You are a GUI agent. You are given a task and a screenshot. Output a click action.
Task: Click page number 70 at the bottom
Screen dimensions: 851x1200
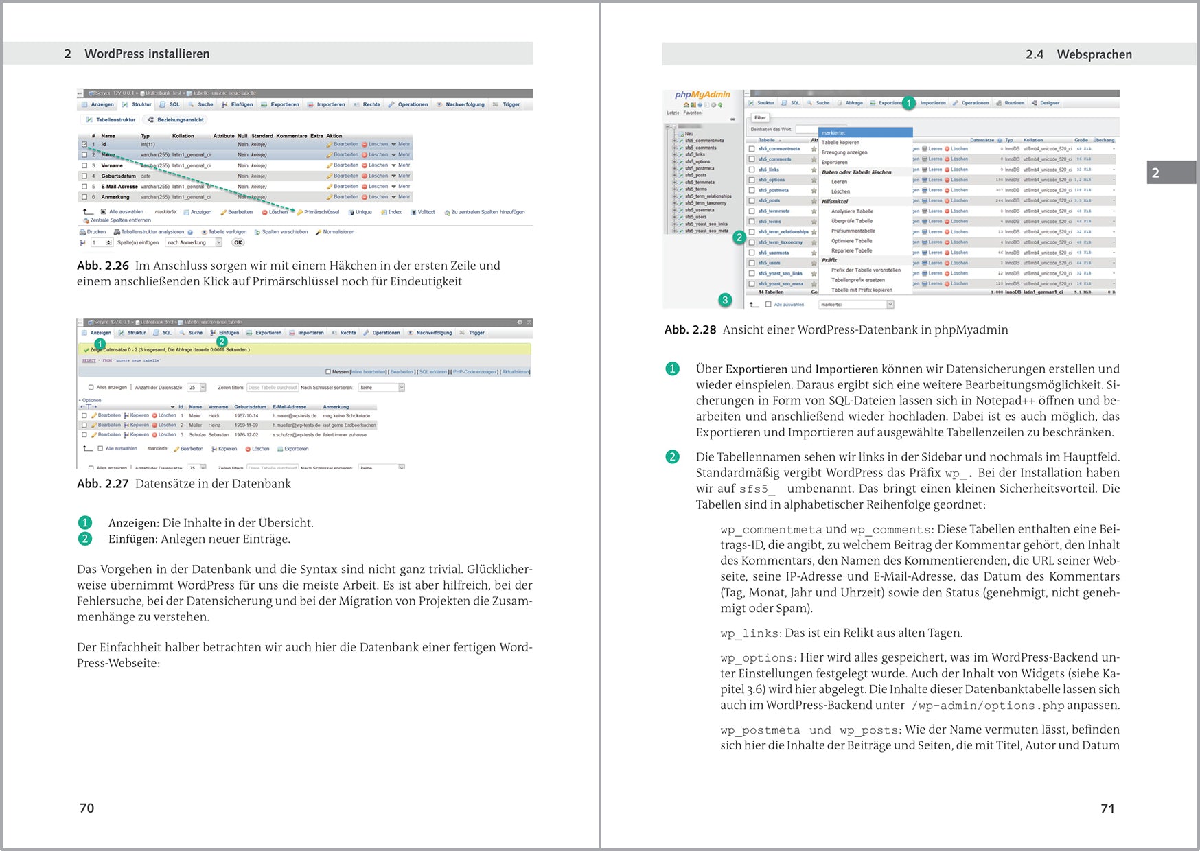point(86,808)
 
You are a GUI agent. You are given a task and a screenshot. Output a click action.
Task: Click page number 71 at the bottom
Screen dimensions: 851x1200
point(1107,808)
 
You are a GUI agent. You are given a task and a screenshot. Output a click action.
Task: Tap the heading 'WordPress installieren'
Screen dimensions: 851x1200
point(147,54)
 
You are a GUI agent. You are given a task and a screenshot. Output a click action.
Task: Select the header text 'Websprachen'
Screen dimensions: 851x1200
point(1094,54)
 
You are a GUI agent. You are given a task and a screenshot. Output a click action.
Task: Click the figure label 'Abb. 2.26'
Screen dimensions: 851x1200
point(103,266)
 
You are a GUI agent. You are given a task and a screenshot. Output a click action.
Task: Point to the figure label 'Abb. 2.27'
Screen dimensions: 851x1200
point(103,483)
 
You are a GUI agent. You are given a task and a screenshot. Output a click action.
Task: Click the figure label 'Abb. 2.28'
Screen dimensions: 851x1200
point(690,329)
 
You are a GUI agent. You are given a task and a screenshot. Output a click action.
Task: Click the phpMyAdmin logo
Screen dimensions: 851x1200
point(702,95)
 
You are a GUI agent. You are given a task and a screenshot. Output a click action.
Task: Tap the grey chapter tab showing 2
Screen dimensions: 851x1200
point(1170,172)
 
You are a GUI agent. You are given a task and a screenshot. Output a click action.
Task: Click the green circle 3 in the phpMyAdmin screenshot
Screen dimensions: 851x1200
point(725,300)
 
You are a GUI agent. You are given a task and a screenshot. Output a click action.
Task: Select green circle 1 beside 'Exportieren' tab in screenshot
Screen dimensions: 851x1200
point(908,103)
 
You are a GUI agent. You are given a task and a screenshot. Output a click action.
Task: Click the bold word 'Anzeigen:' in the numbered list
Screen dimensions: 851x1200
point(134,523)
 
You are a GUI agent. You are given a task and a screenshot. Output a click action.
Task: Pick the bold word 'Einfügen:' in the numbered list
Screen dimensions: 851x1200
point(133,539)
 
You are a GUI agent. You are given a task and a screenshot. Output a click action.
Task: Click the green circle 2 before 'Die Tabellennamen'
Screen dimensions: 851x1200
point(672,457)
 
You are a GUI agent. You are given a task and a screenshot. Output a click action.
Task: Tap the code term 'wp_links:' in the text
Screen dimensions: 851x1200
point(750,633)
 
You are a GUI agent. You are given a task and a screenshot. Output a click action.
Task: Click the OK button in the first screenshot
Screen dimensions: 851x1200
point(238,242)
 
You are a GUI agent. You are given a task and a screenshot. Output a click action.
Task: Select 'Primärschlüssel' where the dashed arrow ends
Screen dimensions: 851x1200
point(321,212)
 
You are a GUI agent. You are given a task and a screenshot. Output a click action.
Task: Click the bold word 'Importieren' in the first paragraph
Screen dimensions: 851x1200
point(846,369)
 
